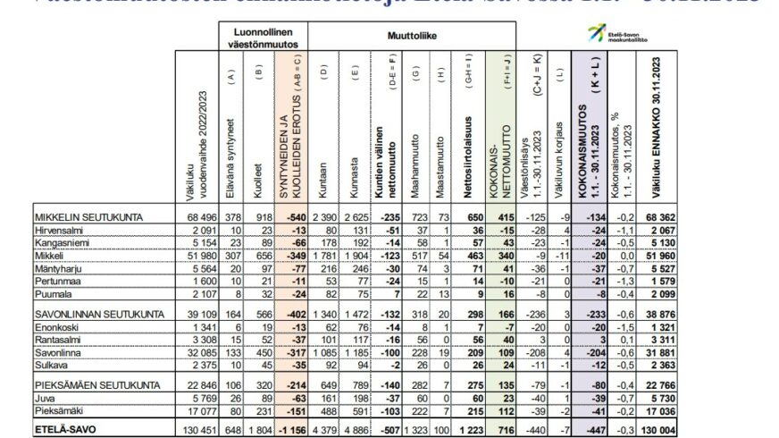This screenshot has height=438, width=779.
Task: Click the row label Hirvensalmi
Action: click(55, 230)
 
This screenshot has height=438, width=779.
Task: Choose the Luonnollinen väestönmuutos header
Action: click(264, 35)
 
